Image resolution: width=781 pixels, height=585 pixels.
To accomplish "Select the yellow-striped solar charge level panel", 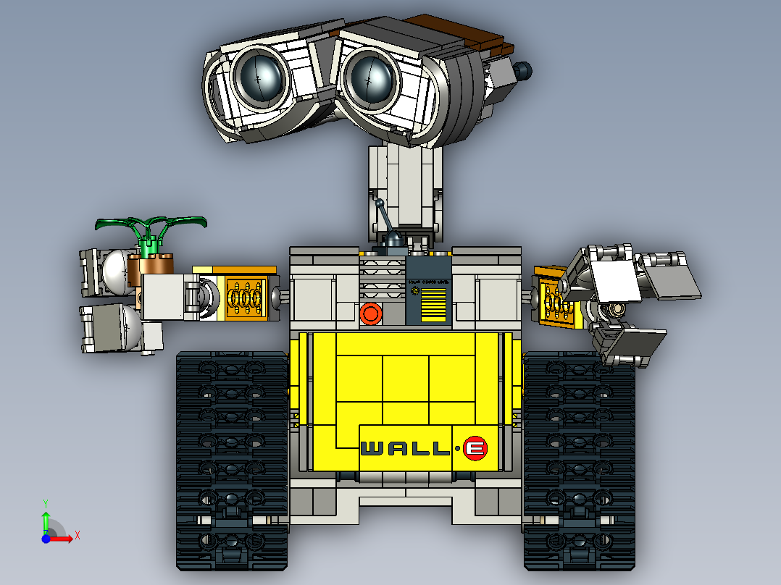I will (433, 303).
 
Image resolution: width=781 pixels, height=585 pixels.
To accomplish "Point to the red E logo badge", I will (475, 449).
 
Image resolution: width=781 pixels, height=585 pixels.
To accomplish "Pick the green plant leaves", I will (152, 222).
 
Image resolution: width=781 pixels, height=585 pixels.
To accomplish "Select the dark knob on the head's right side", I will (522, 70).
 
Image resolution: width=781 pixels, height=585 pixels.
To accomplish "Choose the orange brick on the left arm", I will (247, 297).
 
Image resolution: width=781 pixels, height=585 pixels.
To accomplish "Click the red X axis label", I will (77, 535).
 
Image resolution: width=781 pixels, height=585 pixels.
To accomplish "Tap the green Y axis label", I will (45, 502).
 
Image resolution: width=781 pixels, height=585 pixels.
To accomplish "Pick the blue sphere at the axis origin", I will (45, 539).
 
